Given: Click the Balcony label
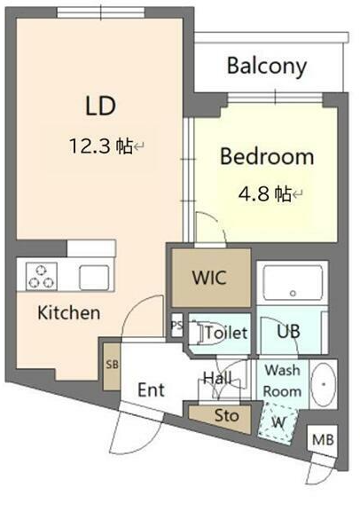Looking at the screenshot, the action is coord(267,67).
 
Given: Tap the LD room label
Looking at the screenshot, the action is coord(100,106).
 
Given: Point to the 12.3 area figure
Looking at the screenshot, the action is coord(90,145).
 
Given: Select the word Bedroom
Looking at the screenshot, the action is coord(267,156).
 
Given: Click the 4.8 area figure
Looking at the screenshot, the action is coord(254,194).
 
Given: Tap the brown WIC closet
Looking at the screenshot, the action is coord(211,278).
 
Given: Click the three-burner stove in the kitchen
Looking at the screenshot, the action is coord(42,277).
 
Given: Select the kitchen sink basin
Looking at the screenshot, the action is coord(94,278).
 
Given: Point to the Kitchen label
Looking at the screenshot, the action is coord(69,313).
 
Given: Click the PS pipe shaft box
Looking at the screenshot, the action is coord(177,326).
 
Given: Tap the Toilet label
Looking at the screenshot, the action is coord(226,333).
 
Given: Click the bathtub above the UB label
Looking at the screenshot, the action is coord(293,283).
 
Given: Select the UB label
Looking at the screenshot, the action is coord(289,332).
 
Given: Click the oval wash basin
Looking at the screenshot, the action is coord(323,384).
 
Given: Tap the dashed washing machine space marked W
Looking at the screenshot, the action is coord(278,422).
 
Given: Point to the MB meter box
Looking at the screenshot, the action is coord(323,440).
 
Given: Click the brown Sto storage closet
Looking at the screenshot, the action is coord(221,418).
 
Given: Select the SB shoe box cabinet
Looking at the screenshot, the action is coord(112,366).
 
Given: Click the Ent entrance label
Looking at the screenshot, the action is coord(151,389).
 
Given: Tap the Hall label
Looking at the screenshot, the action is coord(217,378).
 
